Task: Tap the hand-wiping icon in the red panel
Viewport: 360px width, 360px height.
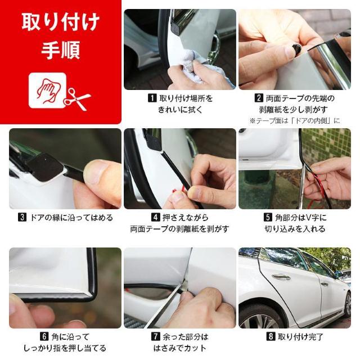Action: tap(46, 91)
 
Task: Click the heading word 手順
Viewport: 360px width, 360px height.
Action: tap(60, 50)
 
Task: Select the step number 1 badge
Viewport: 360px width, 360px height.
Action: tap(151, 98)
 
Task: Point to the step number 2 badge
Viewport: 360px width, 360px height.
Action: tap(259, 98)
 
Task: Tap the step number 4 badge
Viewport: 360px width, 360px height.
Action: tap(155, 218)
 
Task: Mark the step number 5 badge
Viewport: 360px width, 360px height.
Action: tap(268, 218)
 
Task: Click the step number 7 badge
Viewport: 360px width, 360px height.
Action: tap(155, 337)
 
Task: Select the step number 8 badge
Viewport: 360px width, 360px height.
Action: tap(271, 337)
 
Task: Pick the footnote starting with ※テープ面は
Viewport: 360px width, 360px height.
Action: tap(295, 121)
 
